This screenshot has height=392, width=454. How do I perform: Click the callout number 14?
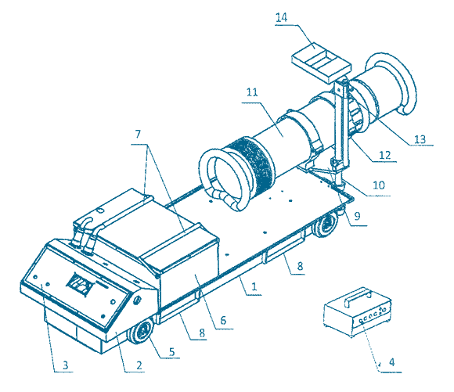pos(281,18)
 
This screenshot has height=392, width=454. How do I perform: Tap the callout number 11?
pos(252,92)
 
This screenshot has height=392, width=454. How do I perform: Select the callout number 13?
pos(420,139)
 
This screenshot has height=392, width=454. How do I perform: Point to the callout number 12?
pos(385,156)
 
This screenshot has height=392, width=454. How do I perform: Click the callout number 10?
pos(379,185)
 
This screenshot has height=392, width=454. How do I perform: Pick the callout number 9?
pos(357,216)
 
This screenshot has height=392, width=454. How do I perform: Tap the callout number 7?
pos(138,134)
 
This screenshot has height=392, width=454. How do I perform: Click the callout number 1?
pos(254,286)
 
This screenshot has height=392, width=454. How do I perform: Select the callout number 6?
pos(223,320)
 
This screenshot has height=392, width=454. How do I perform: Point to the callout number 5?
pos(172,352)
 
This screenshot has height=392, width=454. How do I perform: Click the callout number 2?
pos(139,365)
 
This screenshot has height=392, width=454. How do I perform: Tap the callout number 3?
pos(66,365)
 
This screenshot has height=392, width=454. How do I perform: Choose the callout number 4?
pos(391,362)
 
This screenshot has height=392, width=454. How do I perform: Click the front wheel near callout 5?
pos(141,330)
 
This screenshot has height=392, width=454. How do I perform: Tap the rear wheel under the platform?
pos(326,225)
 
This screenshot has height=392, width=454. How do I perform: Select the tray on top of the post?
pos(321,63)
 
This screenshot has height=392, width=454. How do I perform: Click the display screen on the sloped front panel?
pos(80,283)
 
